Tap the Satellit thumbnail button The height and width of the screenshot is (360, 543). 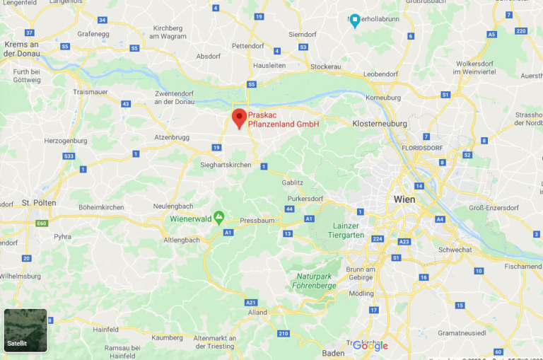[25, 330]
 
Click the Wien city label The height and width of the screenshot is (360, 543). [404, 199]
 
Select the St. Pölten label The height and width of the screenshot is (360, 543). [39, 202]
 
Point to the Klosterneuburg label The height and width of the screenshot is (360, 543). [380, 123]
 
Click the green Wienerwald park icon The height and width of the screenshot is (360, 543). [219, 216]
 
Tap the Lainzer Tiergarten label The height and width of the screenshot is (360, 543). [346, 230]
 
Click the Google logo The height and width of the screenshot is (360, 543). [370, 346]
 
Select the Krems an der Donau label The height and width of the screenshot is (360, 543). [21, 49]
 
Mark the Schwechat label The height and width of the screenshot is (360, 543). [455, 250]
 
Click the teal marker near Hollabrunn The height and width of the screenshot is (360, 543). [355, 20]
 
